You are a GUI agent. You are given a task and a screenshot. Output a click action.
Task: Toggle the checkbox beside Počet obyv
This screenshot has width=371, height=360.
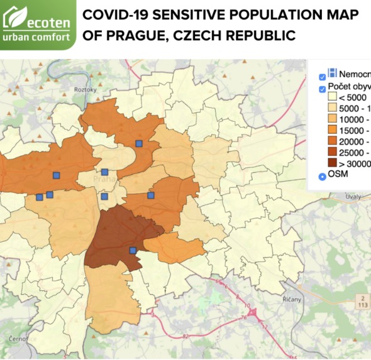323,87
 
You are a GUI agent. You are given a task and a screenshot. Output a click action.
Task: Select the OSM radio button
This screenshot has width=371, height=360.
323,175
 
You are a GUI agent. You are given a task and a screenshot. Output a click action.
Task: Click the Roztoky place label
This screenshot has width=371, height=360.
84,90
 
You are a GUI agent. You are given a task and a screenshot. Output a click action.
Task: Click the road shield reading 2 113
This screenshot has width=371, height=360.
363,300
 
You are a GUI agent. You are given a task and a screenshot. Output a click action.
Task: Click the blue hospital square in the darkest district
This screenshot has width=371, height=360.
132,250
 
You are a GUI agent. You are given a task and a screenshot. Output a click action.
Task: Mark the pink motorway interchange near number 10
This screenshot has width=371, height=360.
254,312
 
